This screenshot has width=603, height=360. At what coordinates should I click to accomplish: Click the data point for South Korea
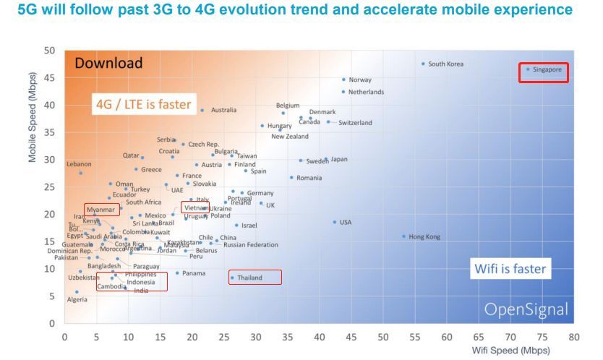[423, 64]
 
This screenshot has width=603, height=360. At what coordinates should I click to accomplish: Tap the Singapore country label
[547, 69]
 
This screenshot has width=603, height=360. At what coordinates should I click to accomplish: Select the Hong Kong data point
[403, 236]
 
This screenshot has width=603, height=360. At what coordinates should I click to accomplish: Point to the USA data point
[334, 222]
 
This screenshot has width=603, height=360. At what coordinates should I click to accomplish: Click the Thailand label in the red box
[249, 278]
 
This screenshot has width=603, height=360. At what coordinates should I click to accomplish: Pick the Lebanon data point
[80, 173]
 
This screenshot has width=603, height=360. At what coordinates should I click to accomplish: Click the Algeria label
[77, 300]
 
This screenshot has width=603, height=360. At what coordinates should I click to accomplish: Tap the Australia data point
[202, 110]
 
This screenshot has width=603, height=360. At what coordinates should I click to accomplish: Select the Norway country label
[360, 80]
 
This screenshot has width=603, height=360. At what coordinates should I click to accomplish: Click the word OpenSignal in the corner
[526, 310]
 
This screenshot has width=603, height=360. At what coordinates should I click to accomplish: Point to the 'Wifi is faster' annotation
[510, 270]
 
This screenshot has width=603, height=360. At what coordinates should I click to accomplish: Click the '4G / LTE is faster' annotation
[143, 105]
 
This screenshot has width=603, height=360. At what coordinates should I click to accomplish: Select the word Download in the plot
[109, 63]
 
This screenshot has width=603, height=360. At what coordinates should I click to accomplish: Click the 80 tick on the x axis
[573, 337]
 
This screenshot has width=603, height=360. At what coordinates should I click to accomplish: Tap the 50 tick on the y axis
[49, 51]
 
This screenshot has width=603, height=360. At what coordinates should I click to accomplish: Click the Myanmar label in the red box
[101, 210]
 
